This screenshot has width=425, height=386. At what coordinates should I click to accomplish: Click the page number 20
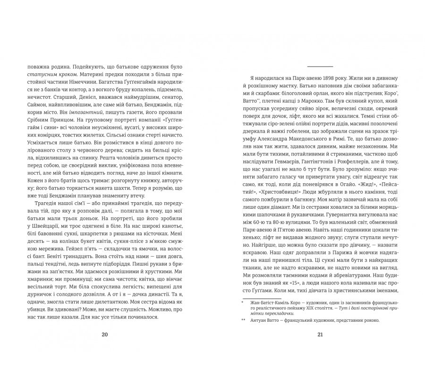coord(105,335)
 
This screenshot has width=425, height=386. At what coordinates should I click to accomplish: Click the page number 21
coord(320,335)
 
